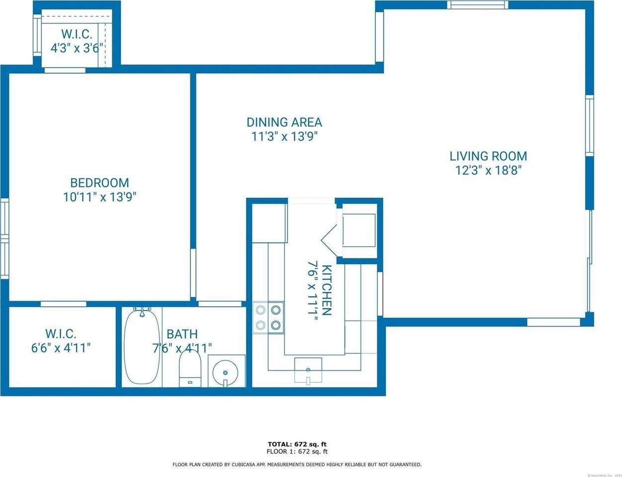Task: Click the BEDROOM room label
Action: coord(99,183)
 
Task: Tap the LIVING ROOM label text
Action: coord(488,156)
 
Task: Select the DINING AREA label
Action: coord(284,122)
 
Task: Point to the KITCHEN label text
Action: coord(326,290)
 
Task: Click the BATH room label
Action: coord(182,334)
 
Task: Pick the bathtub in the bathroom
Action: coord(142,346)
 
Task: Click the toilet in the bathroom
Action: coord(189,368)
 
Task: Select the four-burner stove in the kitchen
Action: coord(268,318)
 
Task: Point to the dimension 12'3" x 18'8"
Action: coord(488,170)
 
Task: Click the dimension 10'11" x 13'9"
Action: coord(99,197)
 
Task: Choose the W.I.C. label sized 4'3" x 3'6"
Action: coord(77,34)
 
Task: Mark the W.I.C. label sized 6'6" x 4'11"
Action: coord(61,334)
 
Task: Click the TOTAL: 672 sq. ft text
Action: coord(297,444)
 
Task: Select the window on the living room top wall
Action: coord(477,5)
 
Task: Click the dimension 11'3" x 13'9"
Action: coord(284,137)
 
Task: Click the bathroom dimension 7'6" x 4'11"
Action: coord(182,348)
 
